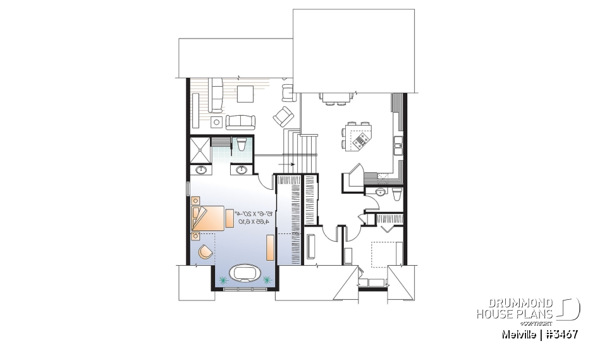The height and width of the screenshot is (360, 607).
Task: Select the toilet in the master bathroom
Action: pyautogui.click(x=242, y=145)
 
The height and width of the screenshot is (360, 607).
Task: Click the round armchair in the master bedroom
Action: pyautogui.click(x=205, y=252)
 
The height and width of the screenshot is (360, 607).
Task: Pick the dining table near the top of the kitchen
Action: pyautogui.click(x=335, y=97)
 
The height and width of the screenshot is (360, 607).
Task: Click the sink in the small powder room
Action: pyautogui.click(x=380, y=192)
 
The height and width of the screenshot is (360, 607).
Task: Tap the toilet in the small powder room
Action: pyautogui.click(x=396, y=194)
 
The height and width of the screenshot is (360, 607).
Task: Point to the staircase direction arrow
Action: pyautogui.click(x=292, y=165)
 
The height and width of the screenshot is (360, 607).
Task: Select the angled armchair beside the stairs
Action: pyautogui.click(x=283, y=116)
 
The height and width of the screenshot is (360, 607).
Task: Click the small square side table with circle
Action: pyautogui.click(x=216, y=121)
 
